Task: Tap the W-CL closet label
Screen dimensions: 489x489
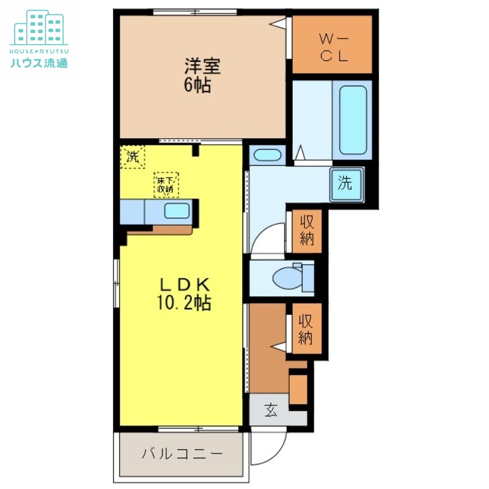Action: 334,47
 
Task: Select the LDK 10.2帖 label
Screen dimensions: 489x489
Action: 186,293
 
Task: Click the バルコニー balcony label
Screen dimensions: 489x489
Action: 182,454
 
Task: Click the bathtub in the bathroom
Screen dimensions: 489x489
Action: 353,120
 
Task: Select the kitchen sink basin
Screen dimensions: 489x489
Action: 177,212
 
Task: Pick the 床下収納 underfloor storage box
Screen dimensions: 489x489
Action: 166,184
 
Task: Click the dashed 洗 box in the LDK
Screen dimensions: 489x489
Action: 133,156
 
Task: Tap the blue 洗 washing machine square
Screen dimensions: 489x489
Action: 346,183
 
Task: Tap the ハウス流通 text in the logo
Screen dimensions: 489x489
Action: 39,62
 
